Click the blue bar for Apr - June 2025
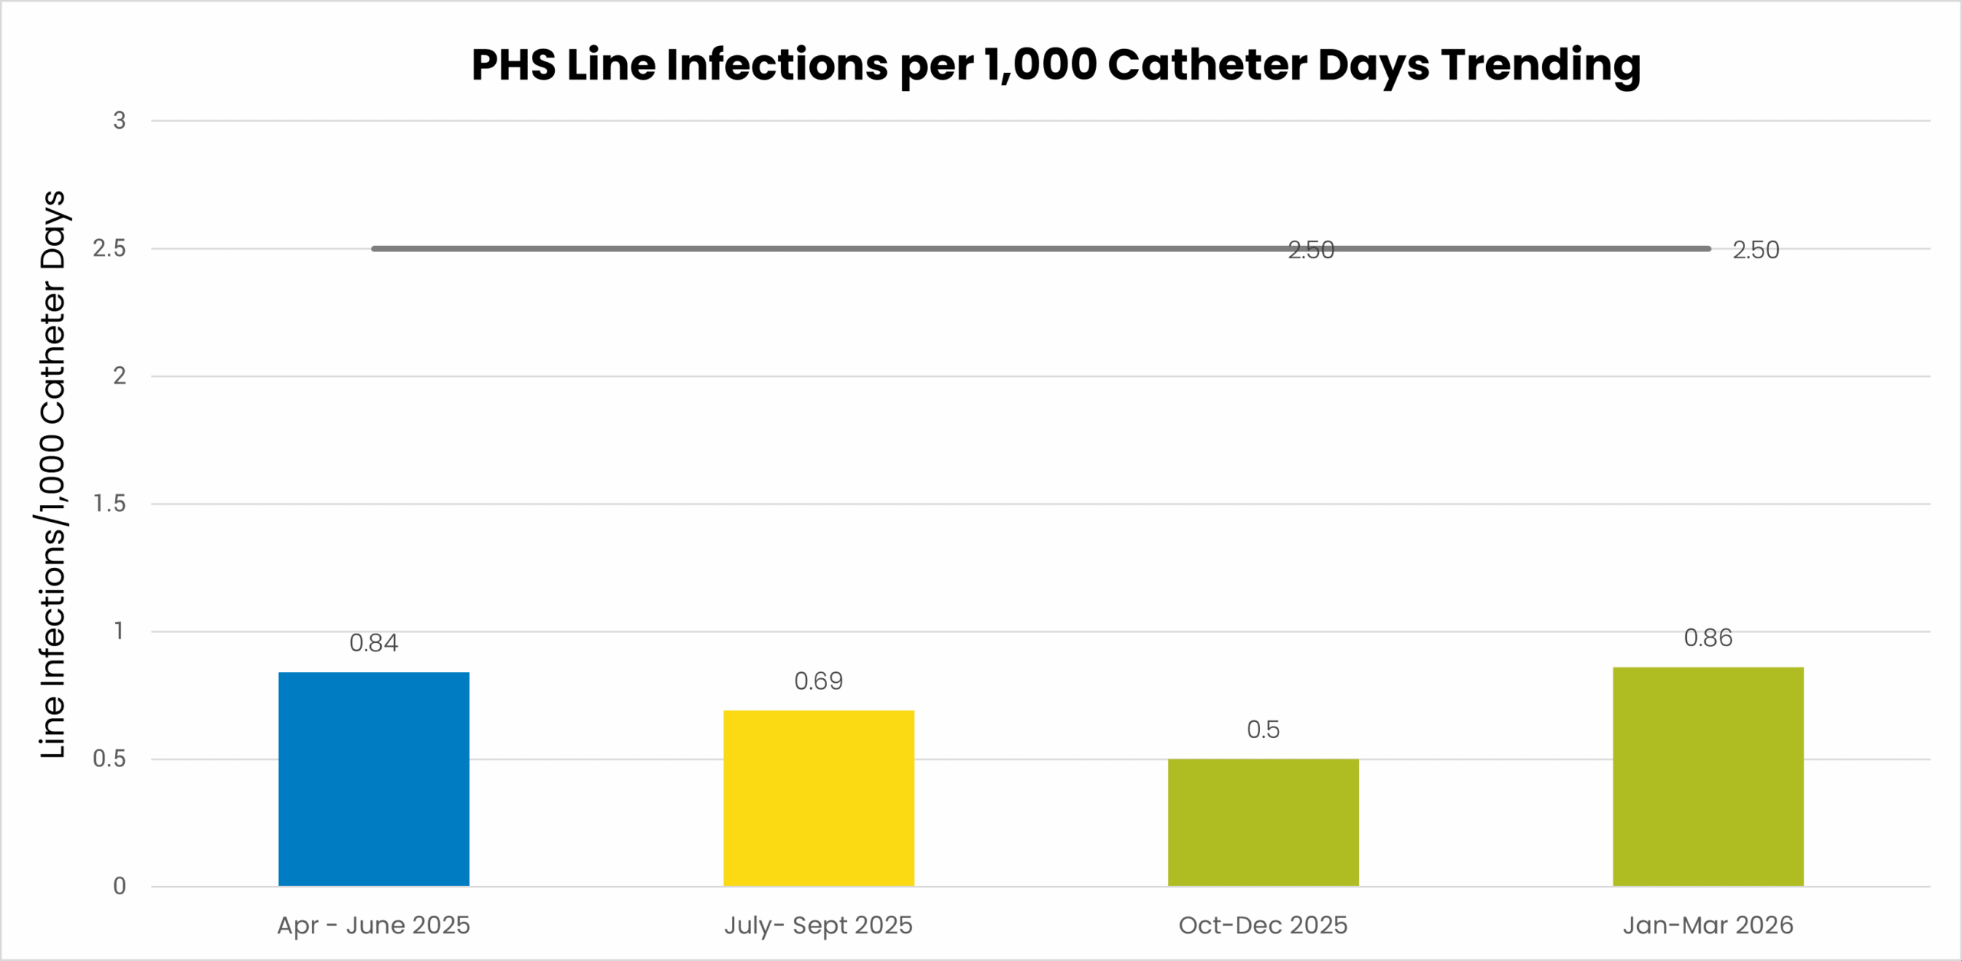click(x=373, y=779)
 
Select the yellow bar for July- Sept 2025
click(x=819, y=798)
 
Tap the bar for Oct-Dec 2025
click(x=1263, y=822)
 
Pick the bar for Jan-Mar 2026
click(x=1708, y=776)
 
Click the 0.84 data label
click(x=373, y=643)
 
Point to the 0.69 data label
click(x=819, y=681)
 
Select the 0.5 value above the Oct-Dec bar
click(x=1263, y=730)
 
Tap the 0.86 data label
click(x=1708, y=638)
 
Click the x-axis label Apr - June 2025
click(x=373, y=926)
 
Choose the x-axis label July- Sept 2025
click(x=819, y=926)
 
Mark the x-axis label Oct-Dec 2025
click(x=1263, y=926)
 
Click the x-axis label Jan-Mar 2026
click(x=1708, y=926)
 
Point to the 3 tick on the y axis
click(x=120, y=121)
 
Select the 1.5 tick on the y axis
click(x=110, y=503)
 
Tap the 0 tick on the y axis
click(x=120, y=887)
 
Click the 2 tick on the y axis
click(x=120, y=376)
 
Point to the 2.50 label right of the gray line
click(x=1756, y=251)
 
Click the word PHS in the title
click(x=513, y=65)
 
